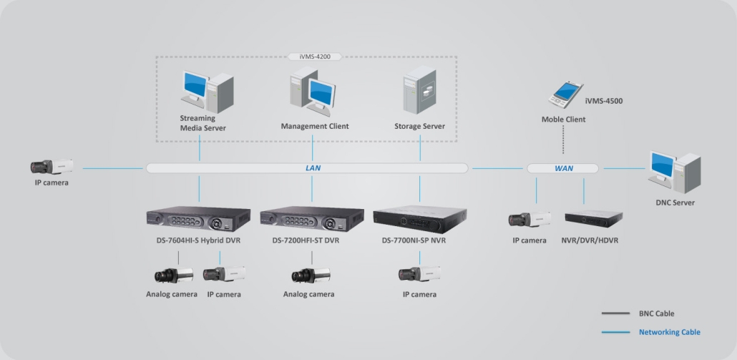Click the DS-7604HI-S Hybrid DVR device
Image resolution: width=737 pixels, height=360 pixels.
pos(198,219)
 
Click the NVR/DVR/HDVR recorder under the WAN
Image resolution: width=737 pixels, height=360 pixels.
pos(592,219)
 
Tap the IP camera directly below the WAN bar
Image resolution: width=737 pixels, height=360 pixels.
pos(529,219)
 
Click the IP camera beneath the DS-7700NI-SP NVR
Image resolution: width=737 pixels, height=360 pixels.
pos(420,275)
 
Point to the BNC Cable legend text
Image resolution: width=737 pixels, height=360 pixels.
pos(656,313)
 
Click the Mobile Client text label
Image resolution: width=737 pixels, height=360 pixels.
pos(563,120)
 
